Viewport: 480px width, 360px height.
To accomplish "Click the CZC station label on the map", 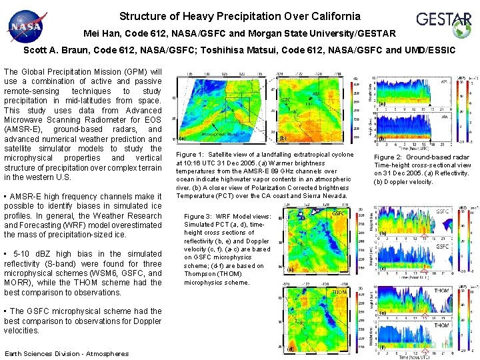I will pyautogui.click(x=287, y=99).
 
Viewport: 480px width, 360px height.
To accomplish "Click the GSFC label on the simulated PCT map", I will pyautogui.click(x=338, y=213).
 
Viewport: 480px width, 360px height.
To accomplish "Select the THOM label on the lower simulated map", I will pyautogui.click(x=339, y=292).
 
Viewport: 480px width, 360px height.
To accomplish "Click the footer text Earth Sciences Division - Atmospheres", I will pyautogui.click(x=66, y=353).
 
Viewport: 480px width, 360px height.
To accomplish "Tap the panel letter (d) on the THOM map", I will pyautogui.click(x=291, y=348).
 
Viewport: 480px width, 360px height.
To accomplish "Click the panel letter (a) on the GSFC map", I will pyautogui.click(x=291, y=270).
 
